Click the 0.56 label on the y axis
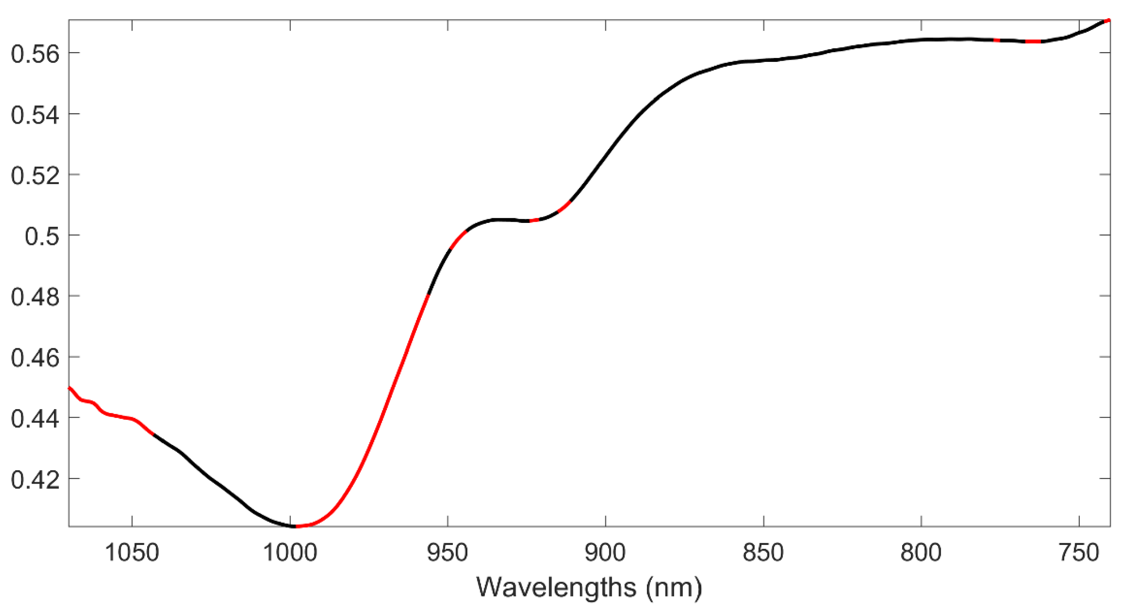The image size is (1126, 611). (34, 55)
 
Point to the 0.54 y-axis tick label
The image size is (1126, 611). (34, 116)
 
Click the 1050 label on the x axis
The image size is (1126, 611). (132, 553)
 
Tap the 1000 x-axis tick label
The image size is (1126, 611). (290, 553)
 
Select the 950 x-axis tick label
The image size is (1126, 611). (447, 553)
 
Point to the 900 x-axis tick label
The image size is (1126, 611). (605, 553)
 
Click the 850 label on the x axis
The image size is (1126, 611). (763, 553)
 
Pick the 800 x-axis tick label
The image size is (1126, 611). (921, 553)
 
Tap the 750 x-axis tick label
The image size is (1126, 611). (1079, 553)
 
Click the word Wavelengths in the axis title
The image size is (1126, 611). (556, 588)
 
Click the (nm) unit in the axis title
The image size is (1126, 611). (674, 588)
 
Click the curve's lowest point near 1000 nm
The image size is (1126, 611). (295, 526)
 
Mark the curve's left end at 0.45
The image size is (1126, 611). (70, 388)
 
